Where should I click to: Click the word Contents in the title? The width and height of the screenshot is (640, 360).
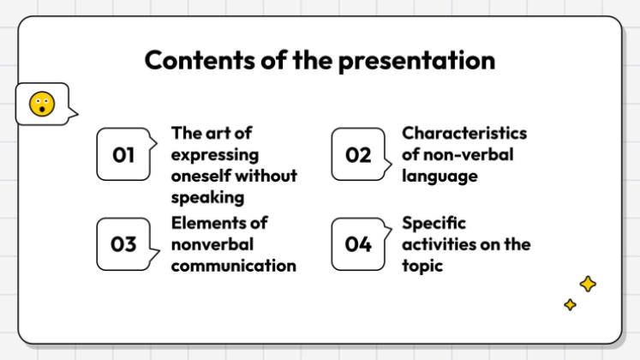200,60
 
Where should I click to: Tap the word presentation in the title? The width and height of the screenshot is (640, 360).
416,61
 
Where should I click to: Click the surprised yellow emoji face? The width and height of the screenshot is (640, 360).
42,104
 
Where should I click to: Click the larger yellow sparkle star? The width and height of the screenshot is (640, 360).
588,284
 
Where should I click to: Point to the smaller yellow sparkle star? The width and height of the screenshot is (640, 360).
571,304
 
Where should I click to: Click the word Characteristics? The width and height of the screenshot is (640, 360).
464,133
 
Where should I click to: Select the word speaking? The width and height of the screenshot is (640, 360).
207,198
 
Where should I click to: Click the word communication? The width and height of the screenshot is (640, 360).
234,266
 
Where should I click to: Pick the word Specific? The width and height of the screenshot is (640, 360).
434,224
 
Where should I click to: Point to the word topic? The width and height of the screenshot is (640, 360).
422,266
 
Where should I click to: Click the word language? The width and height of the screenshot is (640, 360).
440,177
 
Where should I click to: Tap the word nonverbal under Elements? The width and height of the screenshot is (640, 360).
212,244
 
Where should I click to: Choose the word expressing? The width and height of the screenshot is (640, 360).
215,155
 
